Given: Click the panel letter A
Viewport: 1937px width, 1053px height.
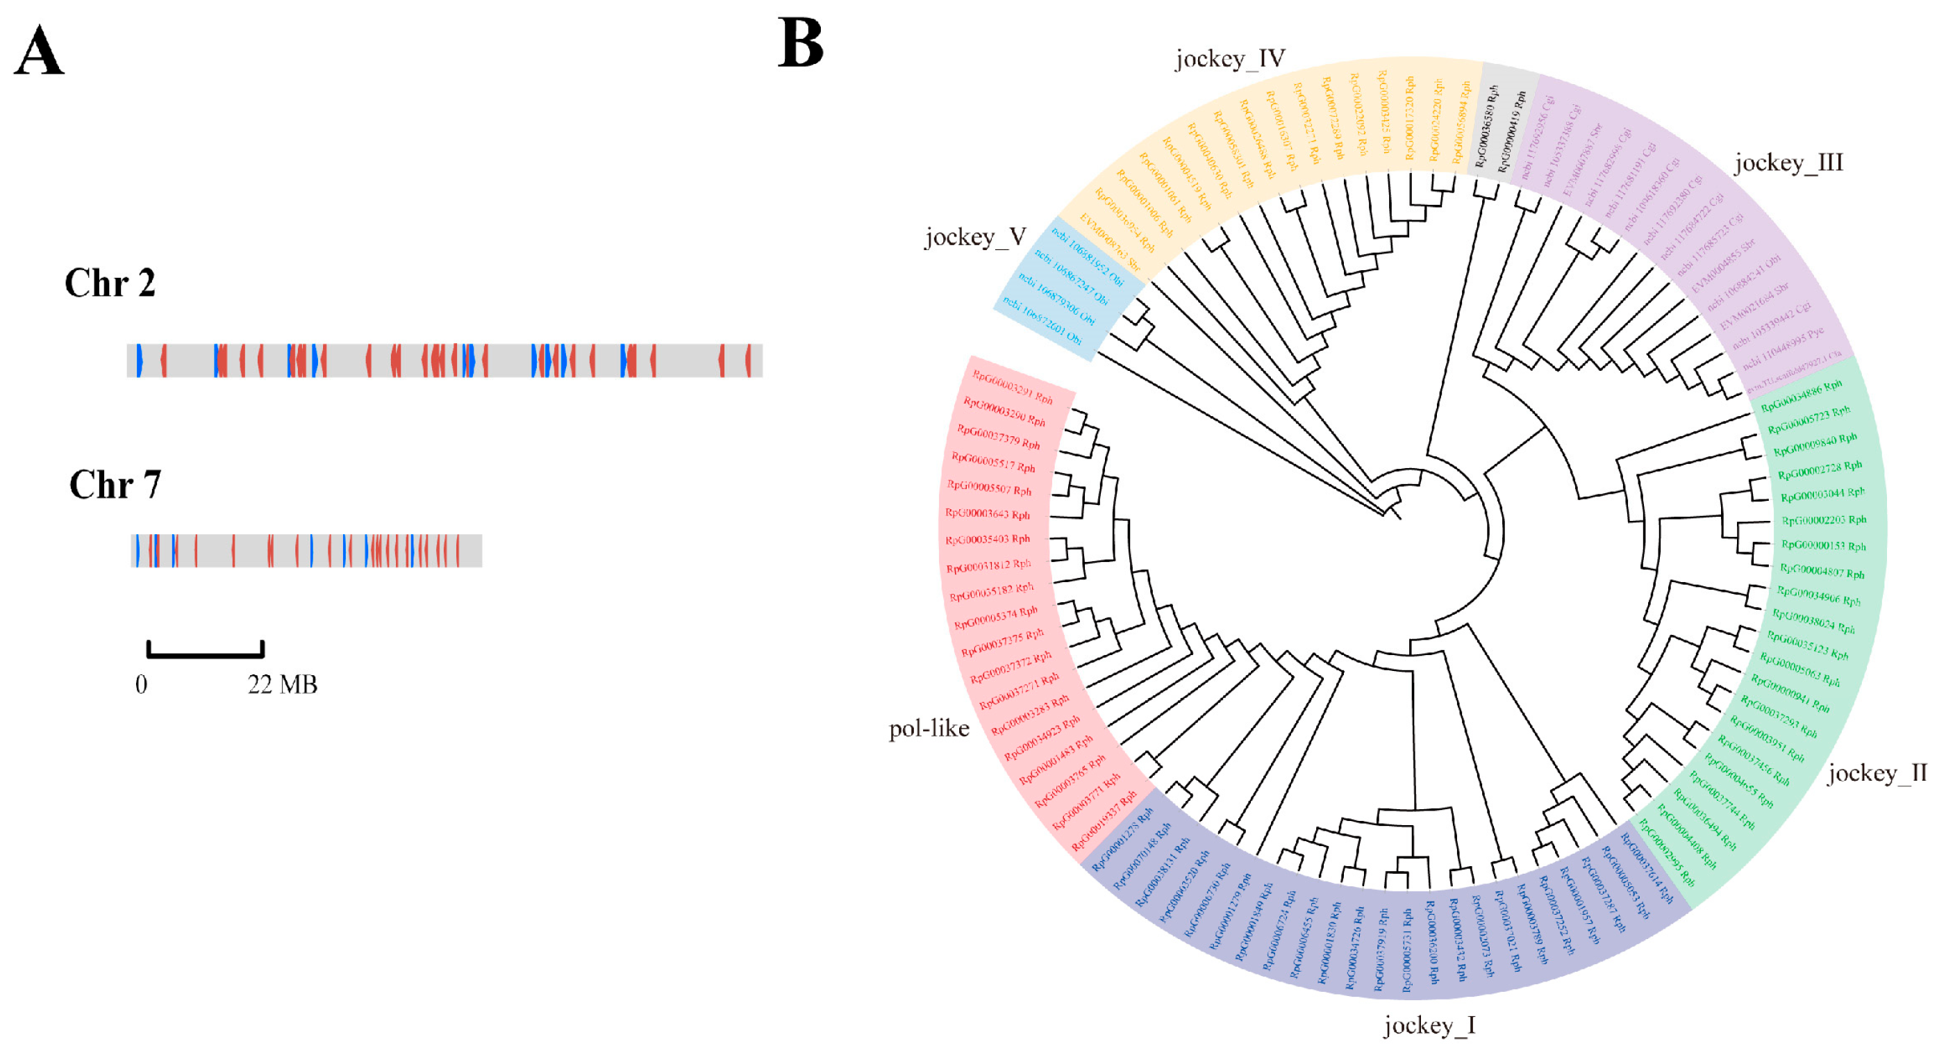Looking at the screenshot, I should [x=39, y=51].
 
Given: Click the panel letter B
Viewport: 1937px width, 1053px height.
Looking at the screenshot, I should [x=800, y=43].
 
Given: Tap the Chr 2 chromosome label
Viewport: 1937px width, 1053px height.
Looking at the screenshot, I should [x=110, y=283].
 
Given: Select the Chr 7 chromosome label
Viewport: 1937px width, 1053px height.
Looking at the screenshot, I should [x=115, y=485].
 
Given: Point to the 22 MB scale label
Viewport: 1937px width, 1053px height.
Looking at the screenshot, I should [x=283, y=684].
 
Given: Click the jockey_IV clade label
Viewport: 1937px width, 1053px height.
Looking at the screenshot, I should [x=1230, y=58].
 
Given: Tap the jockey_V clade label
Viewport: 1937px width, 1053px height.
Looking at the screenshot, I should [x=975, y=237].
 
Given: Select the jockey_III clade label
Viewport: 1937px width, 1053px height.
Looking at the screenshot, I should [x=1788, y=163].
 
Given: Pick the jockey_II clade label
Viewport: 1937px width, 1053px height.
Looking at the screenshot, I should [x=1877, y=773].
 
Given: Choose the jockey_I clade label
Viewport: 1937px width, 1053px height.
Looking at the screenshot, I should [x=1429, y=1025].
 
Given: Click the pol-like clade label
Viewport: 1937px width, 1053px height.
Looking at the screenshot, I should [x=929, y=728].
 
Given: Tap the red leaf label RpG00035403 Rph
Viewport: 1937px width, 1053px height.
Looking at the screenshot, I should [x=988, y=539].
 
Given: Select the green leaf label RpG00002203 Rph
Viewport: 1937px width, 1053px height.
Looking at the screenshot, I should [x=1824, y=520].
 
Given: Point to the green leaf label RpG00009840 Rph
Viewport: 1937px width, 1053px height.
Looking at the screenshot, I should [x=1815, y=445].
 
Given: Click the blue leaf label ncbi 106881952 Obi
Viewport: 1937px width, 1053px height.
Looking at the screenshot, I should [x=1088, y=257].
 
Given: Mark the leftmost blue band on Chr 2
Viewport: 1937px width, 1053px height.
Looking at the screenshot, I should [x=139, y=360].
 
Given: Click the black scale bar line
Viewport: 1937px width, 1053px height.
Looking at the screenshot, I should [x=206, y=654].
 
